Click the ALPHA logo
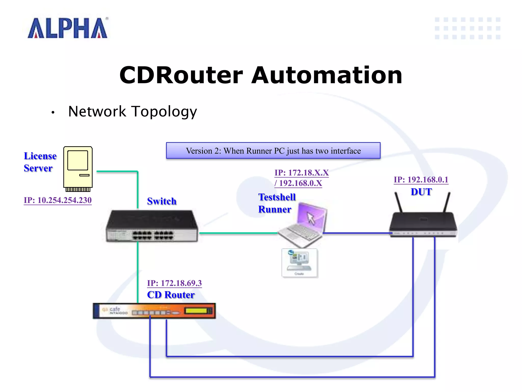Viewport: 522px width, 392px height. pos(68,28)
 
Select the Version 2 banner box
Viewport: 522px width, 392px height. pos(273,151)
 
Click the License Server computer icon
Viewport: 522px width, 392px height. pos(78,168)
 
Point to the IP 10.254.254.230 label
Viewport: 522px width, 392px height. pos(58,200)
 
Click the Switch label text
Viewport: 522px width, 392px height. pos(162,201)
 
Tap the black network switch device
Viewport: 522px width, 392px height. pos(152,226)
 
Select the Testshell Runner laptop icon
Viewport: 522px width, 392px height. pos(303,225)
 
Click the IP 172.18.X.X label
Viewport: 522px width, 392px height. pos(302,173)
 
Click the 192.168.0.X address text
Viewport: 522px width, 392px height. pos(300,183)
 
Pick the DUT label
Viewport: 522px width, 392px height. pos(421,192)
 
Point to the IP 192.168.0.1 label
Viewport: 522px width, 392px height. pos(421,180)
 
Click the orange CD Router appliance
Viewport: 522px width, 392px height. pos(154,311)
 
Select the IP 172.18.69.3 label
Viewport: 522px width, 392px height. pos(174,283)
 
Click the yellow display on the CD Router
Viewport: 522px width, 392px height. pos(196,311)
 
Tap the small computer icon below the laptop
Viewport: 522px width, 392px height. pos(300,263)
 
